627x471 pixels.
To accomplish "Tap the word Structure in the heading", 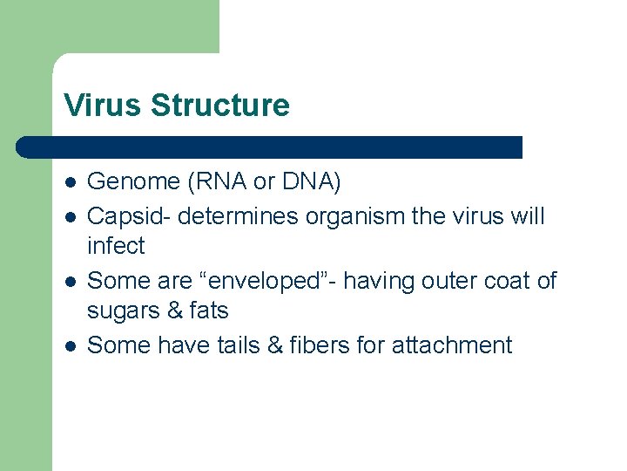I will (219, 106).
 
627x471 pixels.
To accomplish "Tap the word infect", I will (116, 247).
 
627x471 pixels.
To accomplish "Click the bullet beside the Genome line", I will (70, 183).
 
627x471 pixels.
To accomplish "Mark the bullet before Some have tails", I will (70, 346).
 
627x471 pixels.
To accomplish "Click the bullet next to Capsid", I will (70, 215).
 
